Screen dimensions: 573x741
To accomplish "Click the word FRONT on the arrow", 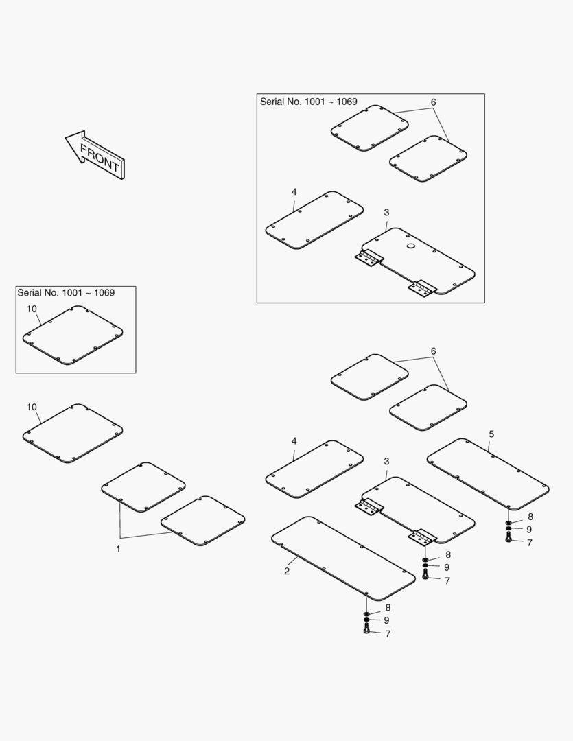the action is (100, 157).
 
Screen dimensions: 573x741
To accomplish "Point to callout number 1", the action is (118, 549).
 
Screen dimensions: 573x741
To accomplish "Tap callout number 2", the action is (287, 571).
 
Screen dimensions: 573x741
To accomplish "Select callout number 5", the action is (492, 434).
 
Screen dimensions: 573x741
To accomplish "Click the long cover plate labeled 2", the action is (343, 558).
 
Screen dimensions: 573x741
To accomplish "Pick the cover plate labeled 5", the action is (488, 474).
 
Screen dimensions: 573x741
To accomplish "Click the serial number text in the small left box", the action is (66, 292).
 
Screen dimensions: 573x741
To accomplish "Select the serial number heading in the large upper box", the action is (309, 102).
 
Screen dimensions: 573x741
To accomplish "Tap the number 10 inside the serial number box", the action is (32, 309).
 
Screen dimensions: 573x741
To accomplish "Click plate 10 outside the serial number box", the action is (73, 434).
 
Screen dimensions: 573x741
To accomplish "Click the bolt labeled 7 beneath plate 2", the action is (366, 629).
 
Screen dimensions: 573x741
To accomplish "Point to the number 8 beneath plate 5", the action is (530, 517).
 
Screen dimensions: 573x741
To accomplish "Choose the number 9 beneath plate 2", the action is (387, 620).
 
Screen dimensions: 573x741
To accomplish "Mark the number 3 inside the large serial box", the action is (387, 213).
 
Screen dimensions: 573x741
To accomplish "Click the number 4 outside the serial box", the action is (294, 441).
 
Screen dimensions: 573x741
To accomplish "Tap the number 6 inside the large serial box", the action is (434, 102).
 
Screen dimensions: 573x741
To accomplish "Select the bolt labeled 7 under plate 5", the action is (508, 537).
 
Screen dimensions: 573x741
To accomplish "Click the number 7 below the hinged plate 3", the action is (447, 581).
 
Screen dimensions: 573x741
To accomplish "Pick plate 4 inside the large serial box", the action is (314, 220).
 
